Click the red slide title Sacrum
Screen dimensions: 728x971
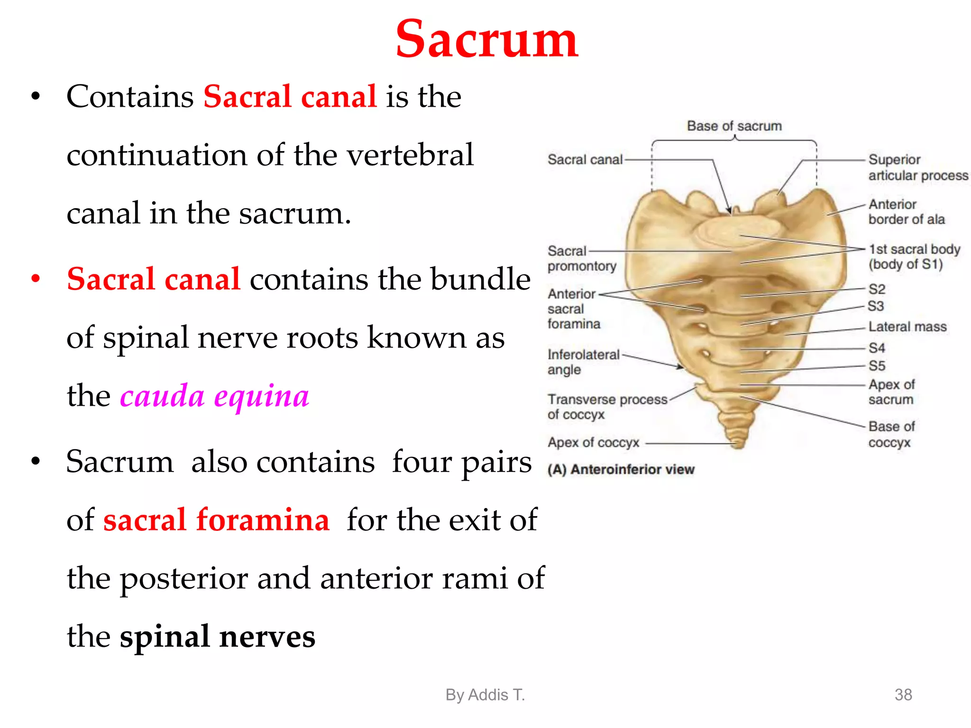pyautogui.click(x=486, y=40)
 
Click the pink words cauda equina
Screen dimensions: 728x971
pyautogui.click(x=214, y=396)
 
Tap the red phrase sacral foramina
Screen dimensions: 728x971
pyautogui.click(x=216, y=520)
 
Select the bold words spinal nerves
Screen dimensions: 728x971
pyautogui.click(x=217, y=637)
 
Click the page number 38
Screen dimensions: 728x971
pyautogui.click(x=903, y=695)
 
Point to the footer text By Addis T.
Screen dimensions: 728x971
pyautogui.click(x=485, y=695)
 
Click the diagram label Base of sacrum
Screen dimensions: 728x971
pyautogui.click(x=734, y=126)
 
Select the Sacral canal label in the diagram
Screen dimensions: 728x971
pyautogui.click(x=585, y=160)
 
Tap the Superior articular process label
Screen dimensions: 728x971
pyautogui.click(x=917, y=167)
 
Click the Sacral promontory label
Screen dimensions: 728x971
pyautogui.click(x=581, y=258)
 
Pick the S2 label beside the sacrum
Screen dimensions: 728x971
pyautogui.click(x=877, y=289)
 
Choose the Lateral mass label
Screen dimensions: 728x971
pyautogui.click(x=907, y=327)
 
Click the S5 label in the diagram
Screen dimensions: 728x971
pyautogui.click(x=877, y=366)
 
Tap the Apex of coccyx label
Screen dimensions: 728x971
pyautogui.click(x=593, y=443)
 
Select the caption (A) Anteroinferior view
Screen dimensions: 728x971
pyautogui.click(x=621, y=469)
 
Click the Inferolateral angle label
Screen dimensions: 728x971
pyautogui.click(x=583, y=362)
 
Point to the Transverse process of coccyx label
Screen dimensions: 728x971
pyautogui.click(x=606, y=407)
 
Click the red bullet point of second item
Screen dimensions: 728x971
pyautogui.click(x=36, y=279)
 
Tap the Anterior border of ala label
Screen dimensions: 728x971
pyautogui.click(x=906, y=211)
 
